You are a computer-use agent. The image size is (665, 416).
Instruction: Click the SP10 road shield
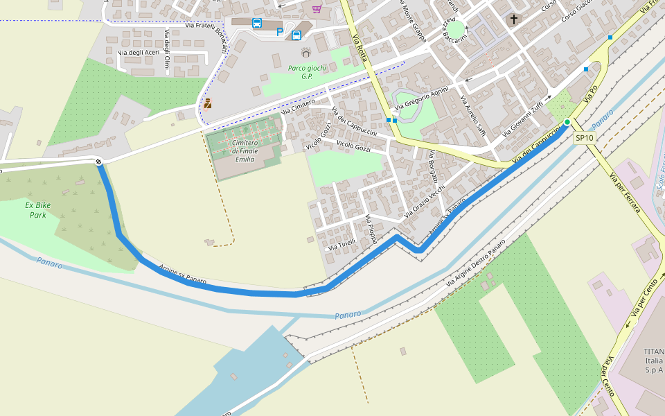pos(585,138)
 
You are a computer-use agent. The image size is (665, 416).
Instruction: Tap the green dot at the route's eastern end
pos(567,123)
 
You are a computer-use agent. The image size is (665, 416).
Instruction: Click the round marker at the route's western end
pos(100,162)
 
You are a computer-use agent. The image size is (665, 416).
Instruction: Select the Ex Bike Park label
pos(37,210)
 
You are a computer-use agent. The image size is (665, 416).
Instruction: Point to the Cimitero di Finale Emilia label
pos(245,151)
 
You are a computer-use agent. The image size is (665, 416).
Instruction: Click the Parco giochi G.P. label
pos(306,72)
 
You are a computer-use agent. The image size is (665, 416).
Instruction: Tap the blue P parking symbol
pos(280,32)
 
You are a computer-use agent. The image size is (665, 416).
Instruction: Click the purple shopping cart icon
pos(317,8)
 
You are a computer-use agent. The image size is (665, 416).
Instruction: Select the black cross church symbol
pos(513,19)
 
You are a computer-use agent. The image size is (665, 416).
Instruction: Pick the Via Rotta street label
pos(360,48)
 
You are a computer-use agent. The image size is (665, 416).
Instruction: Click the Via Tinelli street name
pos(342,245)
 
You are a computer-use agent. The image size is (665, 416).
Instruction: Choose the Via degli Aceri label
pos(139,53)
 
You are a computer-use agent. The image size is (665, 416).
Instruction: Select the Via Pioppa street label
pos(372,228)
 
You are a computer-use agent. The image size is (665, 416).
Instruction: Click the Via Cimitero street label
pos(298,106)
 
